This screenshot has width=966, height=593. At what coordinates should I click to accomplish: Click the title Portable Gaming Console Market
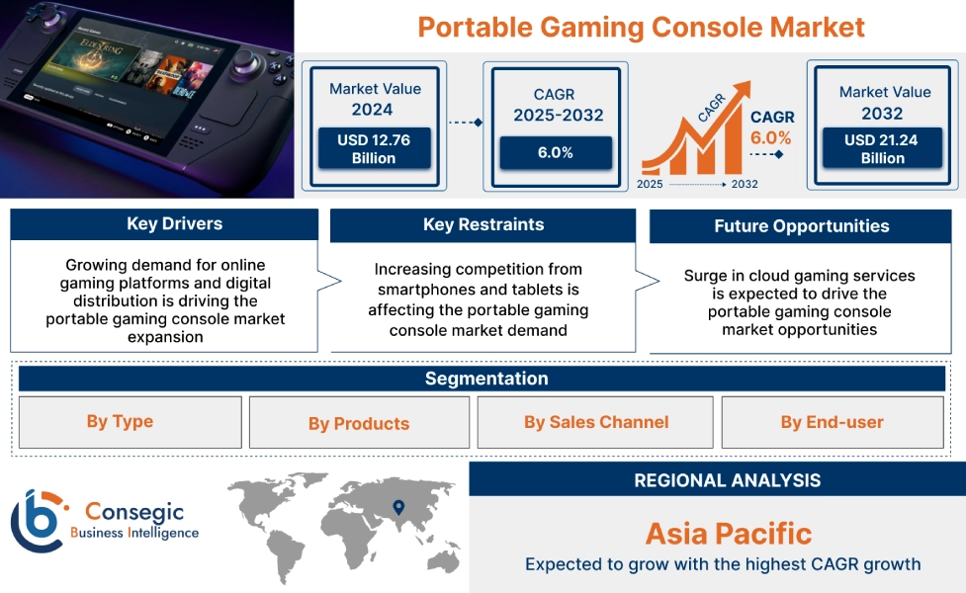[x=641, y=27]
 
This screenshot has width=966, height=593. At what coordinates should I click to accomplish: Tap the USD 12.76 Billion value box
[x=374, y=148]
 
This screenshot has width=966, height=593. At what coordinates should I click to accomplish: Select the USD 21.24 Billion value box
[x=881, y=148]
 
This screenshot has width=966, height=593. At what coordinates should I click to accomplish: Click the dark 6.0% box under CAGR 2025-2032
[x=556, y=153]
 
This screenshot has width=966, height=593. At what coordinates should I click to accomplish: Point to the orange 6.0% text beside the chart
[x=771, y=138]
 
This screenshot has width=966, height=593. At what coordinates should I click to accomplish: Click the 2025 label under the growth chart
[x=650, y=184]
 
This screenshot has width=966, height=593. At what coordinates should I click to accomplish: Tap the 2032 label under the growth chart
[x=745, y=184]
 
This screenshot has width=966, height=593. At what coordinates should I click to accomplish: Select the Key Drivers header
[x=164, y=224]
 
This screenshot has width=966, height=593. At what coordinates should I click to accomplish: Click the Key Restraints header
[x=483, y=225]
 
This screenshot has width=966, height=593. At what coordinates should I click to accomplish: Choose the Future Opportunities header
[x=801, y=226]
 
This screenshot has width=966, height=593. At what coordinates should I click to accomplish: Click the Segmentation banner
[x=485, y=379]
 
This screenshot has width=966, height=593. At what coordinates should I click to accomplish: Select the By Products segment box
[x=358, y=423]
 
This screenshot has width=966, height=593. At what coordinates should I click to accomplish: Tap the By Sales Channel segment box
[x=596, y=423]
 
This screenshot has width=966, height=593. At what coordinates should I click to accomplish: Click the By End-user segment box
[x=832, y=423]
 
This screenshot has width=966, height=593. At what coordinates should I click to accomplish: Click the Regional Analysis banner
[x=727, y=480]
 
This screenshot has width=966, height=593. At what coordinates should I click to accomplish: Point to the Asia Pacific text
[x=728, y=534]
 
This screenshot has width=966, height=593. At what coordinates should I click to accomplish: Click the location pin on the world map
[x=397, y=507]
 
